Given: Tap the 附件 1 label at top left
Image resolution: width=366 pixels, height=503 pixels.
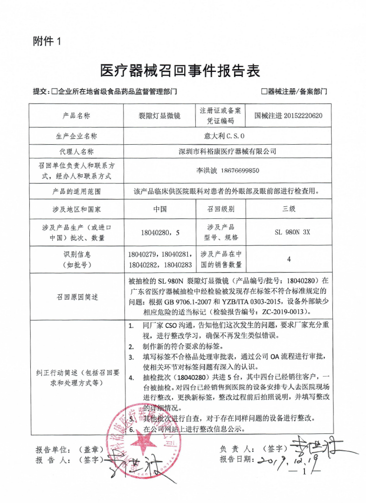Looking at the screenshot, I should [47, 41].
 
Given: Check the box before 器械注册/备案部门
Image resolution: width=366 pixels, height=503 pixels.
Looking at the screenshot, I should [264, 92].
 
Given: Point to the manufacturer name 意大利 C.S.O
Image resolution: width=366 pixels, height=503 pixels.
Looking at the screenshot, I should [228, 136].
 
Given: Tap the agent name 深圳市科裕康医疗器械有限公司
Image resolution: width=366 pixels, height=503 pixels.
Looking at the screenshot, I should [228, 151].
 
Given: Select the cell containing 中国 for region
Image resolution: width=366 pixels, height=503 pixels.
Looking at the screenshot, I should [160, 209].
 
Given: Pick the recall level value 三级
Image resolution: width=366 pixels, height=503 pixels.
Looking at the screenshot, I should [289, 209].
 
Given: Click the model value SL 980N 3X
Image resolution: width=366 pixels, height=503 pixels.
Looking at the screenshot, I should [289, 231].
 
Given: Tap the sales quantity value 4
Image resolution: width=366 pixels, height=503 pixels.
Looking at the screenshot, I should [289, 259].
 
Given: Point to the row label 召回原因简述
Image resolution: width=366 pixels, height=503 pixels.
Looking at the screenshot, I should [77, 297].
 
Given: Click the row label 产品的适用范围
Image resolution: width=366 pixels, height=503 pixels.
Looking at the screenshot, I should [77, 191].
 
